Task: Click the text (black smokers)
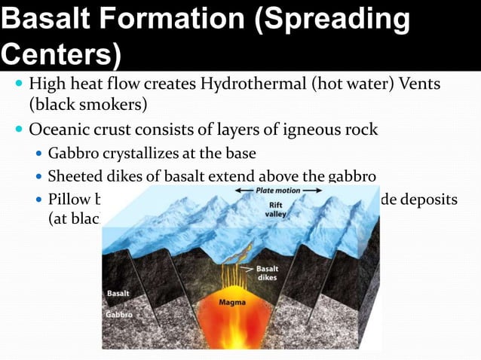tap(87, 103)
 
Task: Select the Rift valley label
tap(275, 209)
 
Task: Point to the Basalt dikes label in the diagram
tap(268, 272)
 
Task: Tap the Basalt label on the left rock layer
tap(118, 292)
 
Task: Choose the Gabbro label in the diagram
tap(119, 313)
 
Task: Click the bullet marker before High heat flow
tap(19, 84)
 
